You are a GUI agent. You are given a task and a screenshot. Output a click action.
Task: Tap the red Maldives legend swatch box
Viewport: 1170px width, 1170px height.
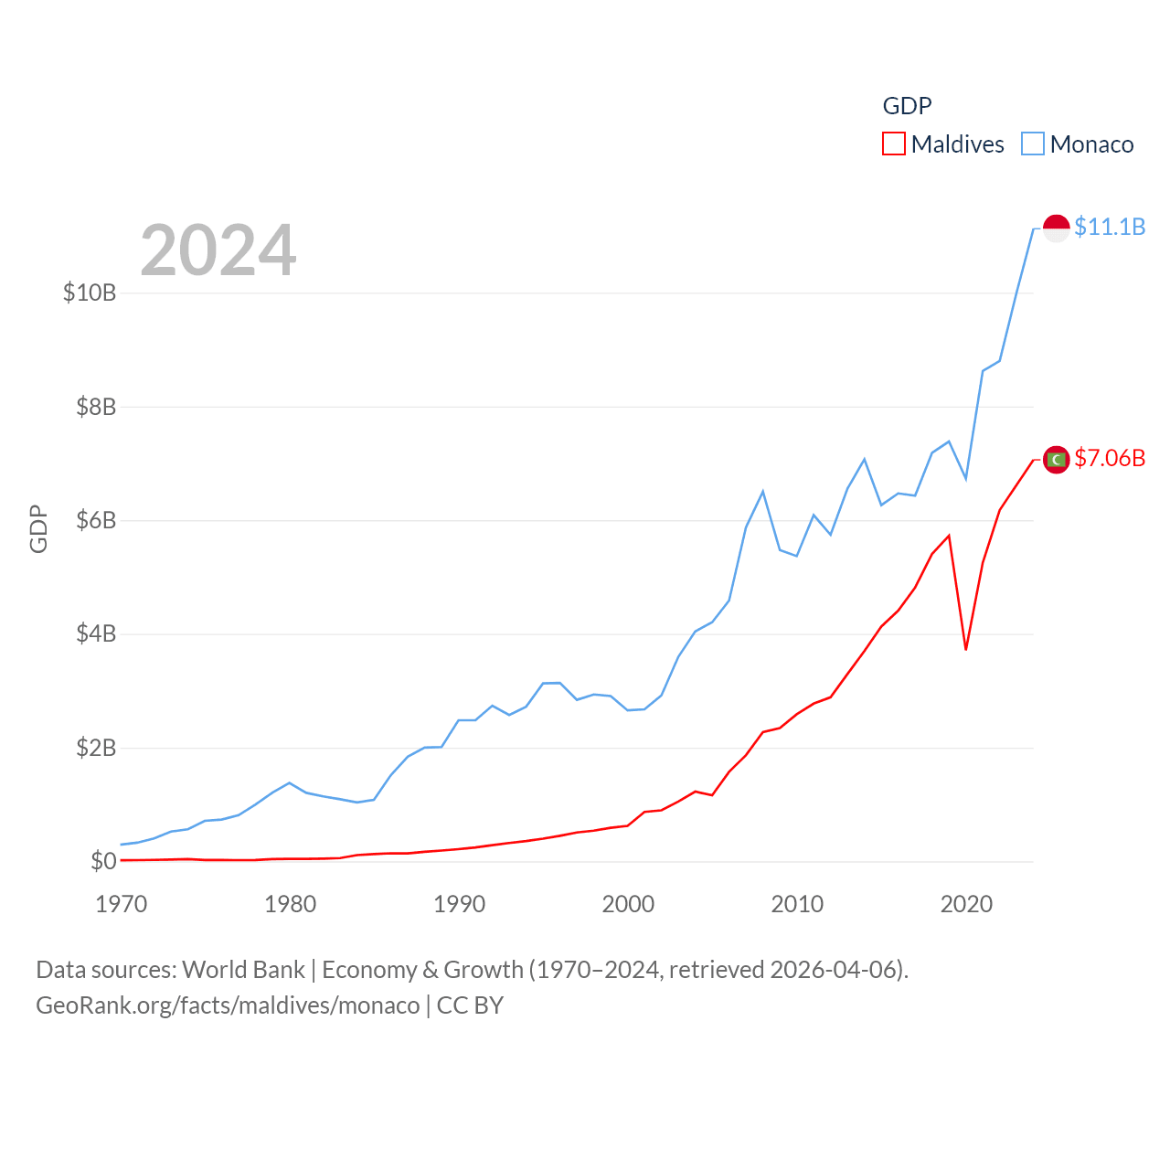coord(894,144)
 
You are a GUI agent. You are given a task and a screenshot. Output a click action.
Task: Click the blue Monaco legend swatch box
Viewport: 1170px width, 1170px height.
coord(1033,144)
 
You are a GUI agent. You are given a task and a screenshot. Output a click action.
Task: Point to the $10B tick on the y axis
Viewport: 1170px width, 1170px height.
coord(90,292)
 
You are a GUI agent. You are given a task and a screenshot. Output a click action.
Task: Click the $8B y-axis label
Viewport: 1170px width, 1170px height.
coord(96,407)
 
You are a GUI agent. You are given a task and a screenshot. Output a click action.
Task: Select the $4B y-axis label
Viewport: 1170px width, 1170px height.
coord(96,634)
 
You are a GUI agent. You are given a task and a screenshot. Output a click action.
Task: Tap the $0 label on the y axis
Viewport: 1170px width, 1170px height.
coord(103,861)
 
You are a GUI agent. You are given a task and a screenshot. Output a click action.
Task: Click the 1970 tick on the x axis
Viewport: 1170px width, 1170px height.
coord(122,904)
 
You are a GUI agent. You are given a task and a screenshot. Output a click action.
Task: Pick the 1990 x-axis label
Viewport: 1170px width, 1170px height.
coord(459,904)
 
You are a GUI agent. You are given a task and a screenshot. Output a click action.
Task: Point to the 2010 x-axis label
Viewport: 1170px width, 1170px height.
coord(797,904)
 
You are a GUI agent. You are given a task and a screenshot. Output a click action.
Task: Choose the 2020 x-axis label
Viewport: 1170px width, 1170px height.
coord(966,904)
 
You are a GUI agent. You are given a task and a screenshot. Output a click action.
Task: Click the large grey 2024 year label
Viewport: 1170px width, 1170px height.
coord(218,250)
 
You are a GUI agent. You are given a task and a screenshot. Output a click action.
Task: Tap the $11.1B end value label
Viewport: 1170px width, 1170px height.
coord(1110,227)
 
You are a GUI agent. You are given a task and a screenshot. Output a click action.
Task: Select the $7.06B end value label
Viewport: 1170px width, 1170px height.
coord(1110,458)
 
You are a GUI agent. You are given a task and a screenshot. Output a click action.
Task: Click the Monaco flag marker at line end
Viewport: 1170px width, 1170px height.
coord(1056,229)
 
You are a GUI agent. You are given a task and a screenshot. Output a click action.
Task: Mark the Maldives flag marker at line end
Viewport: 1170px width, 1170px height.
coord(1056,460)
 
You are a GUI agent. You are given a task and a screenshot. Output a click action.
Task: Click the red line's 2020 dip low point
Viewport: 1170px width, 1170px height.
coord(966,649)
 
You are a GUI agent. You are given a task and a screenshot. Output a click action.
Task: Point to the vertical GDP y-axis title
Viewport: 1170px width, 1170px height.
coord(38,528)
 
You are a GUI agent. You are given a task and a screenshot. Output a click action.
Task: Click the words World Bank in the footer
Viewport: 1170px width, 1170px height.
coord(243,970)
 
